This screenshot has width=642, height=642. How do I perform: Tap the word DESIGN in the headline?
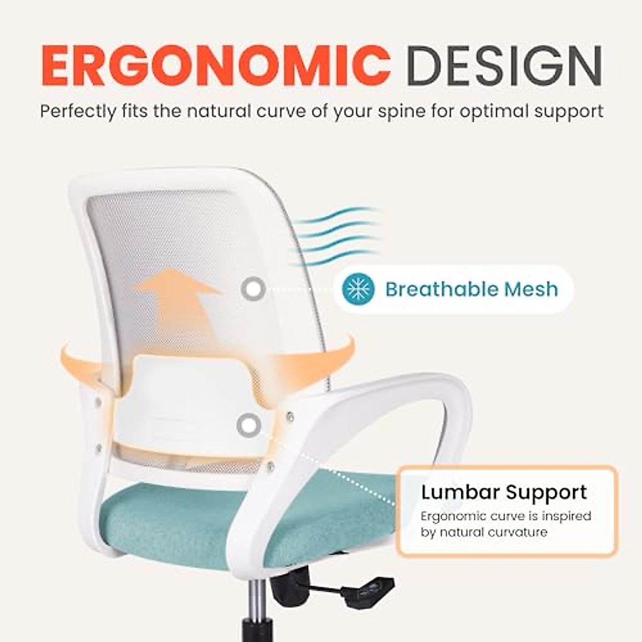coord(504,66)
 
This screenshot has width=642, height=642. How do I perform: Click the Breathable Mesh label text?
coord(471,289)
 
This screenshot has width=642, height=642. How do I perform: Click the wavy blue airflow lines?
coord(337,235)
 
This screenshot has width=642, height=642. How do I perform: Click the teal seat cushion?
coord(177,522)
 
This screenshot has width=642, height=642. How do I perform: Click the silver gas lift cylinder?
coord(257,599)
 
